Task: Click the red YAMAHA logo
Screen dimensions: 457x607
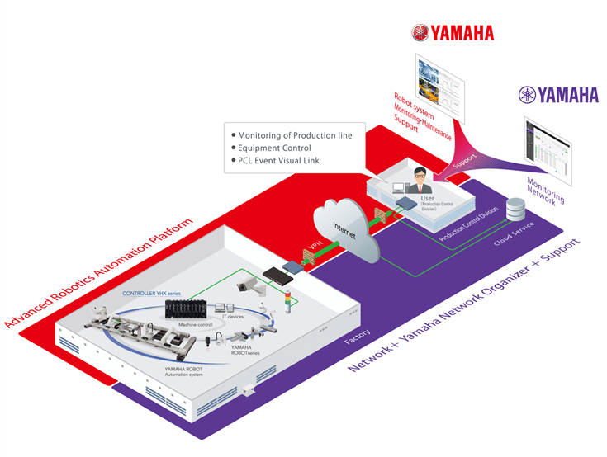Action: [x=453, y=32]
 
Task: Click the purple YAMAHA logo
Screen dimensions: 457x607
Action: [x=558, y=95]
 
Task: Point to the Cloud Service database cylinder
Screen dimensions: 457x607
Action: [x=518, y=210]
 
